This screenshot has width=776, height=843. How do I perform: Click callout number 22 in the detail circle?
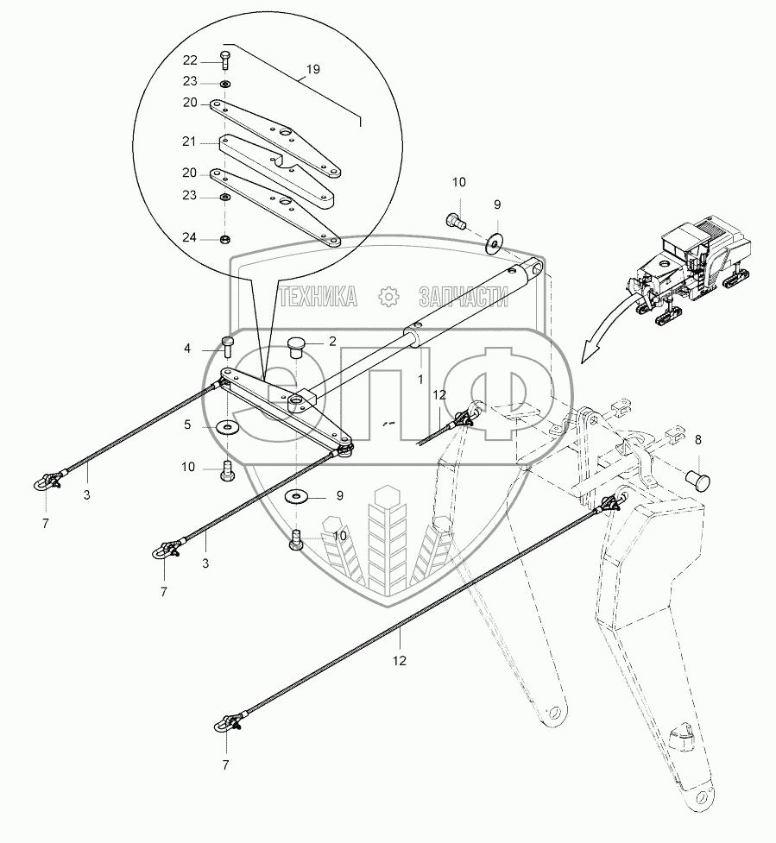pyautogui.click(x=190, y=60)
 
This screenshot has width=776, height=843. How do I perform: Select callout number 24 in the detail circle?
pyautogui.click(x=190, y=237)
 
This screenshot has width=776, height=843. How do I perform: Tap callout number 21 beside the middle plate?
pyautogui.click(x=190, y=141)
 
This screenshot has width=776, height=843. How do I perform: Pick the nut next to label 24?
pyautogui.click(x=224, y=238)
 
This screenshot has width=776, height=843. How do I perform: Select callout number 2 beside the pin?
pyautogui.click(x=332, y=342)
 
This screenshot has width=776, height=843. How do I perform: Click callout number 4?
pyautogui.click(x=186, y=349)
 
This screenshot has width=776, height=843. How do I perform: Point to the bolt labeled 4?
pyautogui.click(x=229, y=347)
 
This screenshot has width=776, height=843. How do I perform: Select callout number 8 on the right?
pyautogui.click(x=698, y=438)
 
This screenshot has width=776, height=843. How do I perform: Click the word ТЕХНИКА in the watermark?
pyautogui.click(x=319, y=297)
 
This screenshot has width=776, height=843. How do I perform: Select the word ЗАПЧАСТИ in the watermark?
pyautogui.click(x=463, y=297)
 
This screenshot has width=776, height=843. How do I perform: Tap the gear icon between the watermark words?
pyautogui.click(x=388, y=297)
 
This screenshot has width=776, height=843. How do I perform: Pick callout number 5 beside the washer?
pyautogui.click(x=186, y=425)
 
